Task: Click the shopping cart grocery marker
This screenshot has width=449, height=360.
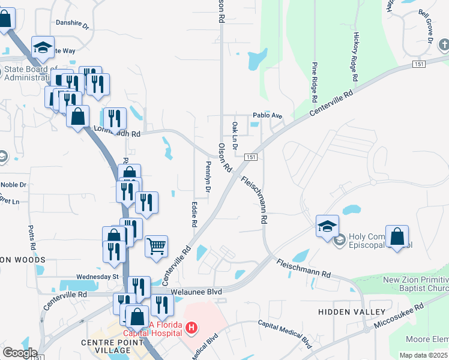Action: [x=156, y=246]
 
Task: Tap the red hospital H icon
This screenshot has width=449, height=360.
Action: [x=191, y=328]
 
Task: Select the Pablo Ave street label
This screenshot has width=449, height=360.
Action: [x=267, y=115]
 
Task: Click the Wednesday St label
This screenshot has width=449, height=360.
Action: [x=98, y=277]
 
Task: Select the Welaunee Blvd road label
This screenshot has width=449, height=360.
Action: [x=196, y=292]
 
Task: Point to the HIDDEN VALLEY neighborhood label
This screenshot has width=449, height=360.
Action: [x=352, y=312]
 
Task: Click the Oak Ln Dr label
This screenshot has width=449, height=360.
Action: [x=235, y=135]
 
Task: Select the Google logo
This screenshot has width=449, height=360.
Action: [x=20, y=353]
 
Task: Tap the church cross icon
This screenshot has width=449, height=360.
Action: [x=444, y=45]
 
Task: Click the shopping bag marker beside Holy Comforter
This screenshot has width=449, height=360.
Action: [x=397, y=236]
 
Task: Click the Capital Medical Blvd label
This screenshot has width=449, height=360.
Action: [x=285, y=333]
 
